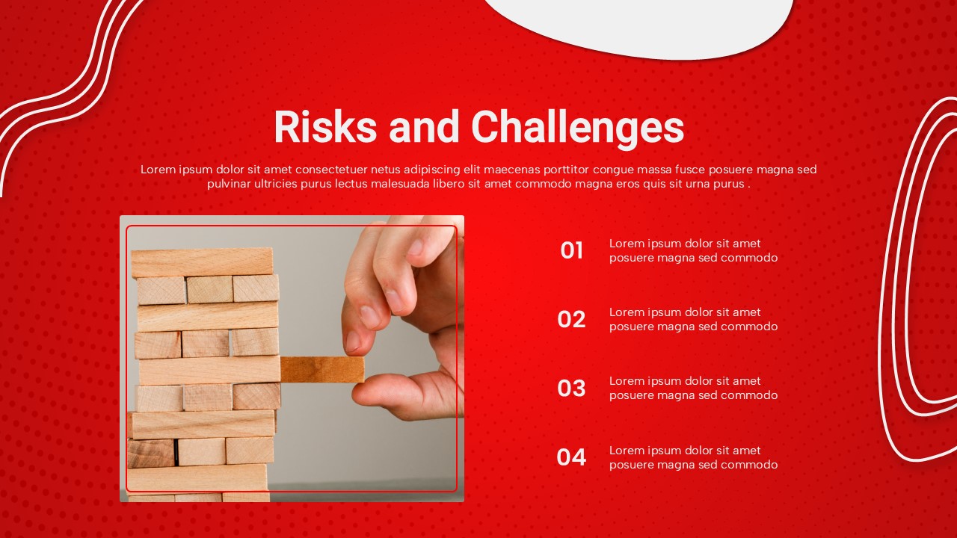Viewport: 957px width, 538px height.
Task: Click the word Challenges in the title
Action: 577,129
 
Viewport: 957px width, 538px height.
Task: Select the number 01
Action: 571,251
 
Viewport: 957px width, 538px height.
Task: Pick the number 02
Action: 571,320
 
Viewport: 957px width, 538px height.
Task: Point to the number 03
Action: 571,389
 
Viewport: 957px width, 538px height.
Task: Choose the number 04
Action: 571,457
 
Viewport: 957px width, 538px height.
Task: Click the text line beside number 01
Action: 693,251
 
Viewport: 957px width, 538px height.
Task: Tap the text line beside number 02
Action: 693,320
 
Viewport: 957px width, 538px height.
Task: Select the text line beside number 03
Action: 693,389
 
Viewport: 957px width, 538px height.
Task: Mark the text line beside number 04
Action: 693,457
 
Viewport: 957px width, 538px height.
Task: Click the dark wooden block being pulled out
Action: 322,368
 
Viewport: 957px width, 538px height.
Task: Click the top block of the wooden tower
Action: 202,262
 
